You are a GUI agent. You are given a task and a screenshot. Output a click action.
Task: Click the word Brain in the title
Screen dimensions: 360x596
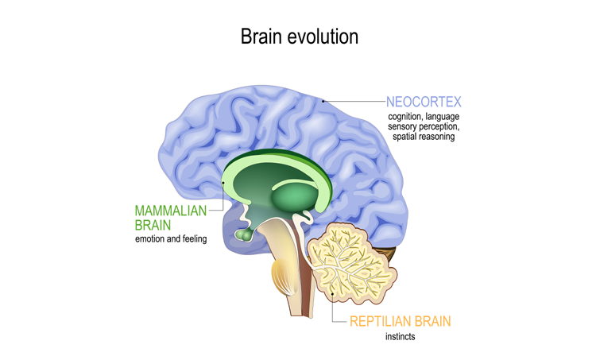point(261,37)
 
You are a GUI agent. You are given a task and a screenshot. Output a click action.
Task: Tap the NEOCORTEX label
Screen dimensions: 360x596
point(424,102)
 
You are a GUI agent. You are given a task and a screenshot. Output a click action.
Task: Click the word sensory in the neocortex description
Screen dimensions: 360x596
point(404,127)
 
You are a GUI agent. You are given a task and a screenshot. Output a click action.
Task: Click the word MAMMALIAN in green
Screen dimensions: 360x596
point(170,211)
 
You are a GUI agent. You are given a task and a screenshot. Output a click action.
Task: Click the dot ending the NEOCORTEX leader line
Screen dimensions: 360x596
point(323,102)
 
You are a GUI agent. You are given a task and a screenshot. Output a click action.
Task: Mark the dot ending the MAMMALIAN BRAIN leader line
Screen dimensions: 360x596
point(225,183)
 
